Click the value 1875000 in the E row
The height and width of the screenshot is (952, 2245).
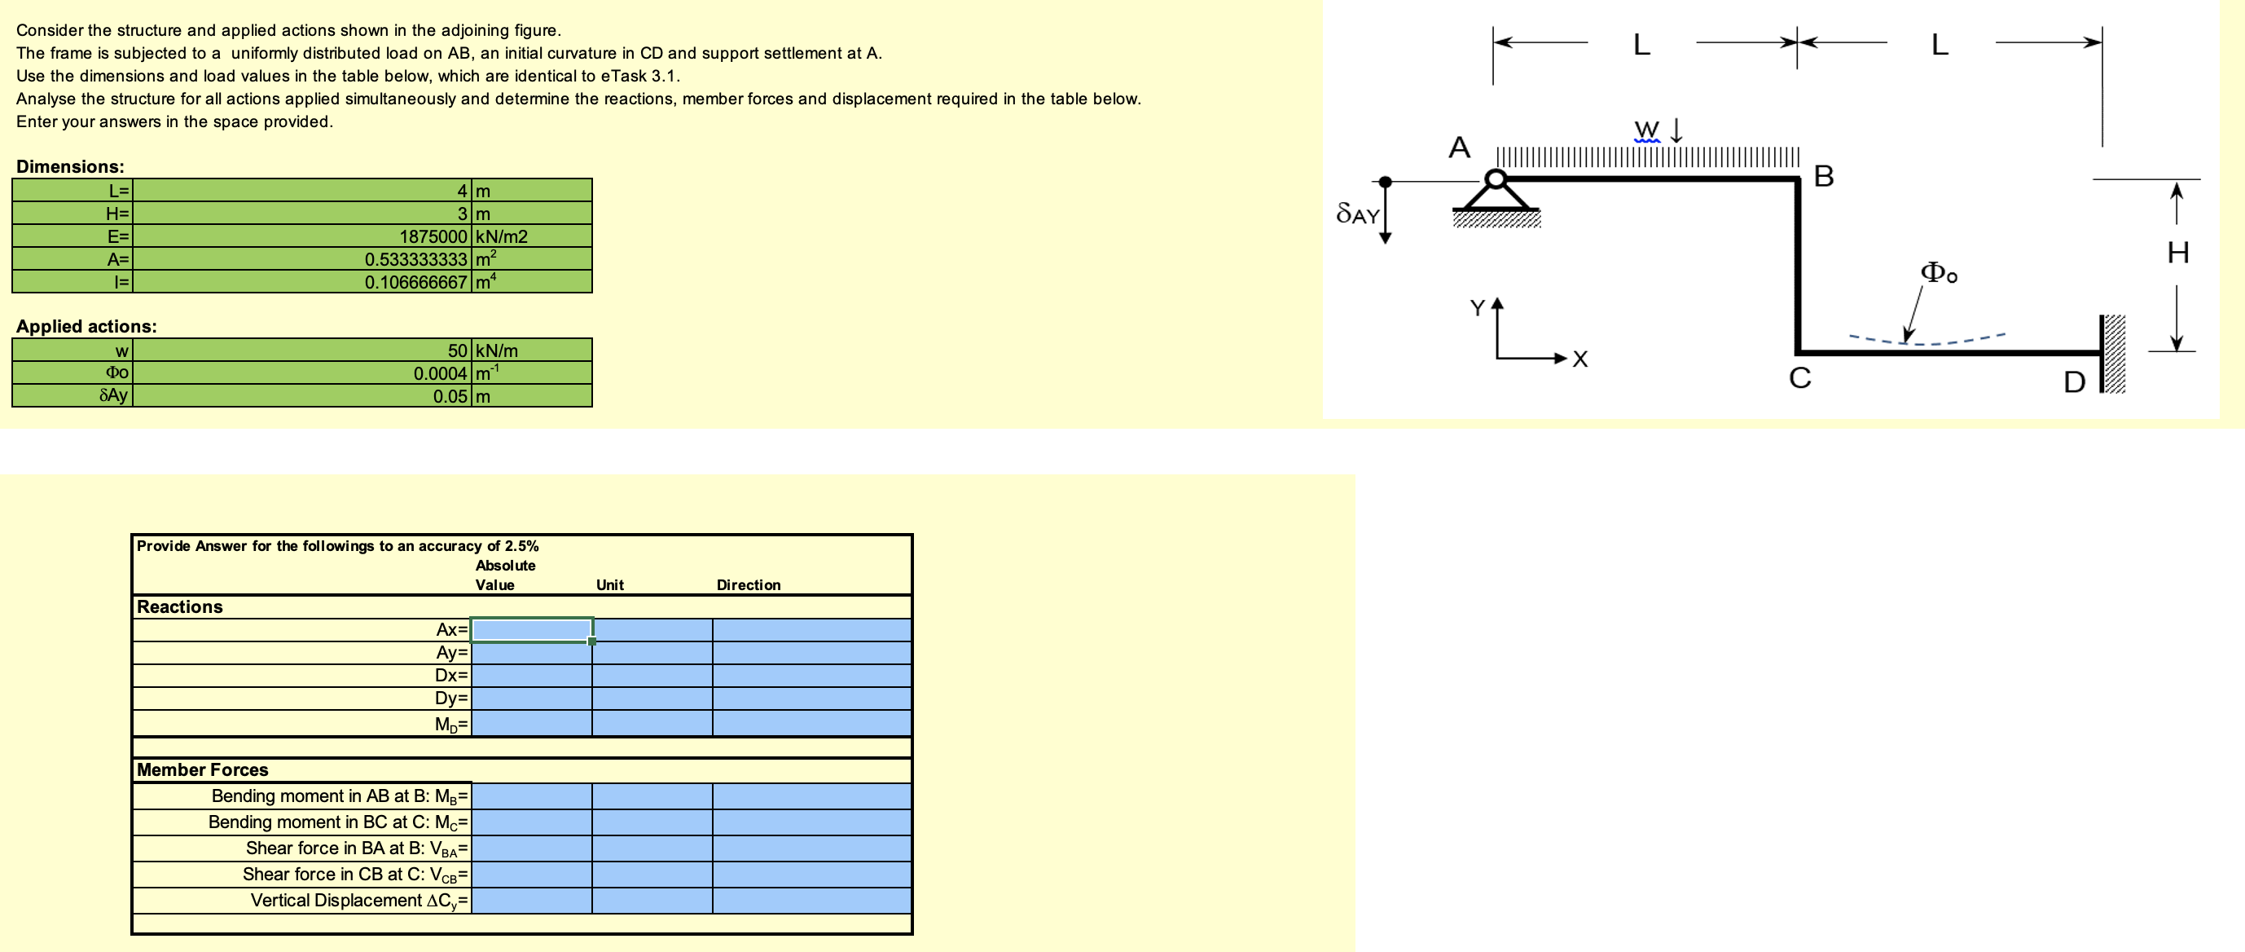click(x=433, y=236)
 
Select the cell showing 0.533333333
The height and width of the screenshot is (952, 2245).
click(x=415, y=259)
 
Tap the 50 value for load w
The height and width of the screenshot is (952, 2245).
click(x=457, y=350)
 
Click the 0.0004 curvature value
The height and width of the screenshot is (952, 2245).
click(x=440, y=373)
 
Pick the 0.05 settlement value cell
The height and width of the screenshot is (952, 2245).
click(x=450, y=396)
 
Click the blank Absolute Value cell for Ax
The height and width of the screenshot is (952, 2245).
click(x=531, y=629)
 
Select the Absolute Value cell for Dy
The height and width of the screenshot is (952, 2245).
click(x=531, y=699)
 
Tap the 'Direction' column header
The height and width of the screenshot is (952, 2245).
click(x=748, y=585)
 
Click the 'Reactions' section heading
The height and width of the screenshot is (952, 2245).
click(x=179, y=606)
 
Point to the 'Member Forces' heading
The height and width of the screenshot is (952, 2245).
click(x=202, y=769)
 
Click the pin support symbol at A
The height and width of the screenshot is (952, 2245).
click(x=1496, y=196)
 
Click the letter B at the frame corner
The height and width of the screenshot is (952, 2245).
click(x=1823, y=176)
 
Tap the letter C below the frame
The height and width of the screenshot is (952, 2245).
click(x=1799, y=378)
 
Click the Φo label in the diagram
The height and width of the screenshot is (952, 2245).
click(x=1939, y=274)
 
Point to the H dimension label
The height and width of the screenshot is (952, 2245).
click(x=2177, y=253)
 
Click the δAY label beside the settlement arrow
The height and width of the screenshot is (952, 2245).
click(x=1357, y=214)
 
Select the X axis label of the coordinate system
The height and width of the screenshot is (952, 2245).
click(x=1580, y=359)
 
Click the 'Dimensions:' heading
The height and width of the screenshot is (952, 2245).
click(x=70, y=166)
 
